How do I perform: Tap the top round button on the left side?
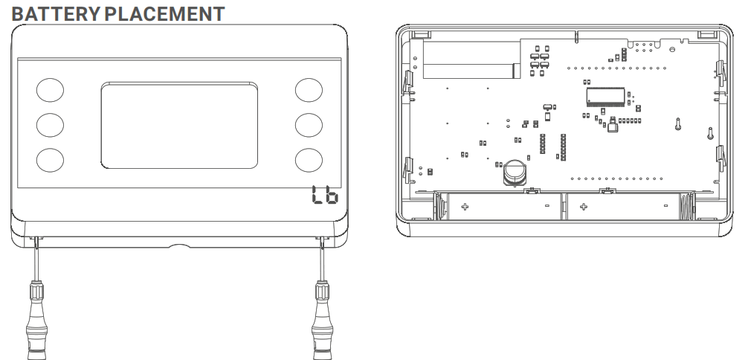[50, 89]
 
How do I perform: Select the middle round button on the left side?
[50, 125]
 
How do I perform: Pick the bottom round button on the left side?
[50, 160]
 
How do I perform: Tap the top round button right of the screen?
[308, 89]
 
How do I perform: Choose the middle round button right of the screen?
[308, 125]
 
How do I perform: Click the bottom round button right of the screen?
[308, 160]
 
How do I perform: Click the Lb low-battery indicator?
[323, 196]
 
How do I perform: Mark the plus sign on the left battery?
[464, 205]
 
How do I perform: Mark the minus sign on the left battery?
[547, 205]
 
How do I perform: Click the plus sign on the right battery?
[583, 205]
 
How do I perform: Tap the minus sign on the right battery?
[665, 205]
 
